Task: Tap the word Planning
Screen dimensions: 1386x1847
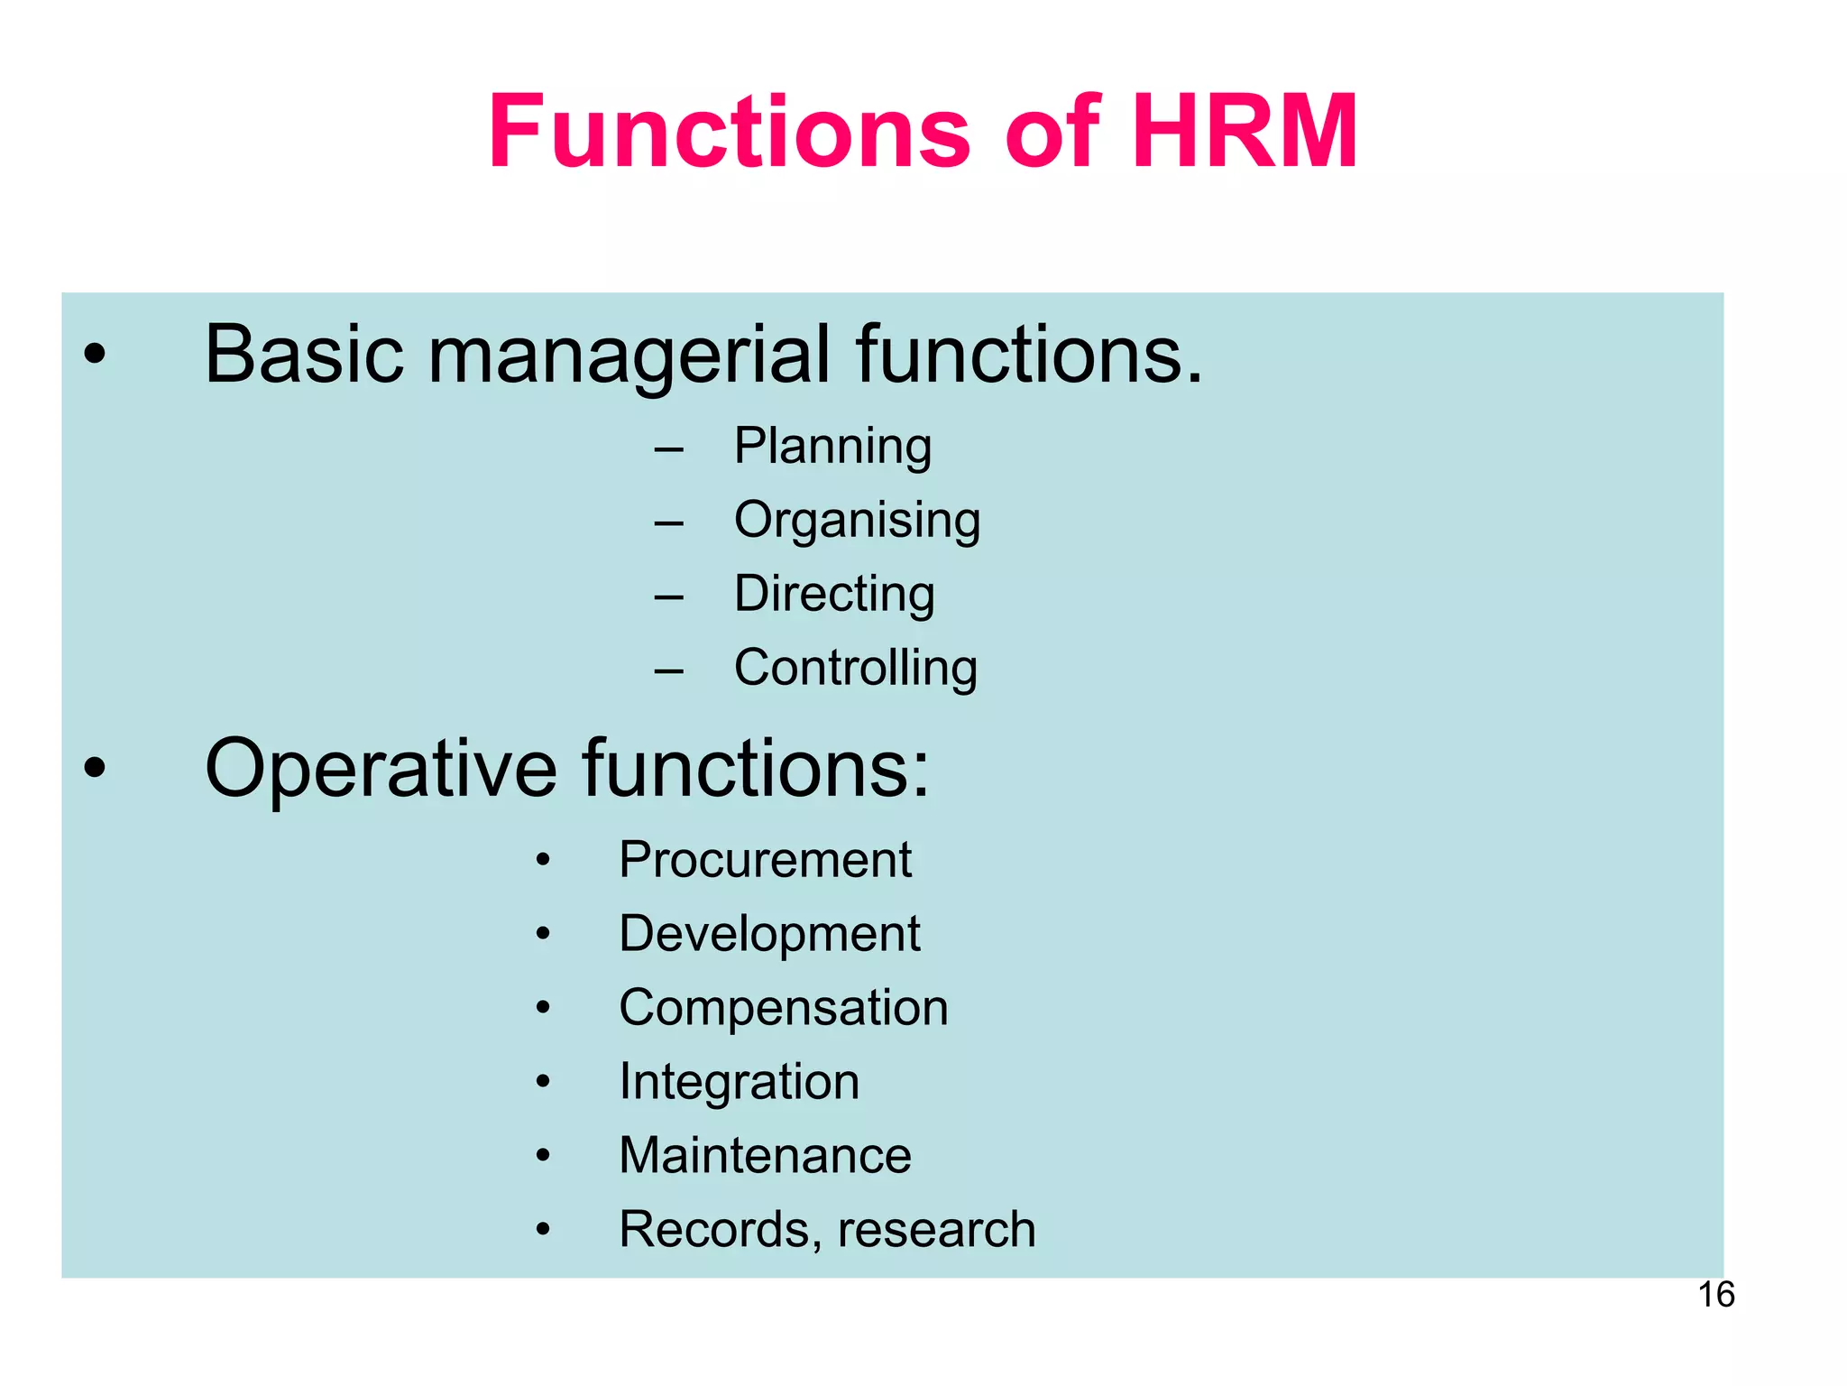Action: click(832, 447)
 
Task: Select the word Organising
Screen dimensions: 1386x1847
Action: click(857, 521)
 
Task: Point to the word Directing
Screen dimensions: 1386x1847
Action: click(834, 595)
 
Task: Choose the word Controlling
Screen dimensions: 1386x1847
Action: click(855, 668)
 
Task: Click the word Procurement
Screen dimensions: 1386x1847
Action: click(765, 860)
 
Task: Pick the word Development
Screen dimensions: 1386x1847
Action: click(769, 934)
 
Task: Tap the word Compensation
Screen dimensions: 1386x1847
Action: click(783, 1008)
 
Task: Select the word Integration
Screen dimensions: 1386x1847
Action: click(739, 1082)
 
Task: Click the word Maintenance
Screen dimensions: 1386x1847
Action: click(765, 1156)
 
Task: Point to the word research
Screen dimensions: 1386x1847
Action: click(936, 1230)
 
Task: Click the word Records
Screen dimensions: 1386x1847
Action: click(717, 1230)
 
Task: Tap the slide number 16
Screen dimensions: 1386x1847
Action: click(1716, 1295)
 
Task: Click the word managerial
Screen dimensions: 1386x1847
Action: click(628, 356)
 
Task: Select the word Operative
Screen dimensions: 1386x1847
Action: click(381, 769)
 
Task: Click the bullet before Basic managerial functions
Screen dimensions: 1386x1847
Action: click(94, 356)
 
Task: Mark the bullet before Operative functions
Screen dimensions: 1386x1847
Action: click(94, 769)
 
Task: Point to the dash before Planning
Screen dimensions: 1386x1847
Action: click(668, 448)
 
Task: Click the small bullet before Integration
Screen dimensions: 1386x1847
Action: click(542, 1081)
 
